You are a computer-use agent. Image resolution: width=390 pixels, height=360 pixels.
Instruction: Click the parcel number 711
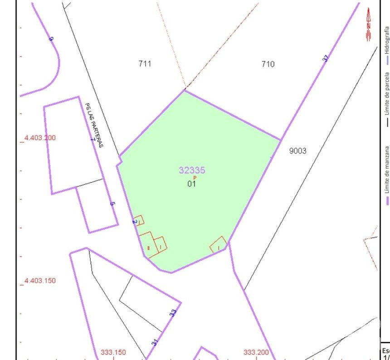tap(145, 64)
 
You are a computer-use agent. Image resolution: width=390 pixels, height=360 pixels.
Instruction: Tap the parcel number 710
tap(268, 64)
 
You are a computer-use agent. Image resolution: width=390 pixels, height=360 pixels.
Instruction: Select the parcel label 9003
tap(297, 151)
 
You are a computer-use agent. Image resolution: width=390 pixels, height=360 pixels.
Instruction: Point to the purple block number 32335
tap(192, 170)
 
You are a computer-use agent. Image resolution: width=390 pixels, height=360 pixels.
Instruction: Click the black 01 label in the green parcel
tap(191, 184)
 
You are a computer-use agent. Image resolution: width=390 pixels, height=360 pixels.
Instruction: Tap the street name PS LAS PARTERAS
tap(94, 125)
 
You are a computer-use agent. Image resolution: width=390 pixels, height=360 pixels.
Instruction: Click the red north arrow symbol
tap(369, 24)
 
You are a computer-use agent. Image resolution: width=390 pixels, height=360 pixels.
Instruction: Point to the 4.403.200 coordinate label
tap(39, 138)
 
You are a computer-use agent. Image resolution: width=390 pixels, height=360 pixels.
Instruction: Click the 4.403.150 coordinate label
tap(39, 281)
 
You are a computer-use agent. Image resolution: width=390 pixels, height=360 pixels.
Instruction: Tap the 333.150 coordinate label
tap(113, 352)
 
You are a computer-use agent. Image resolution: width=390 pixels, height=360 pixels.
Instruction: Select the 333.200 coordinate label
tap(256, 352)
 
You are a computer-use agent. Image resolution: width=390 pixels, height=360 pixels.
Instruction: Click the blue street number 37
tap(325, 58)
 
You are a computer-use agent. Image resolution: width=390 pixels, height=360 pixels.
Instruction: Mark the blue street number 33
tap(173, 313)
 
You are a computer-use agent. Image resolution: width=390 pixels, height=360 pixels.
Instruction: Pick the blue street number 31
tap(155, 342)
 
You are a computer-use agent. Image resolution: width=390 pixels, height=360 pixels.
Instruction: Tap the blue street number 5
tap(112, 204)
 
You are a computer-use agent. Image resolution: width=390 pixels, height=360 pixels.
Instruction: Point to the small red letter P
tap(195, 178)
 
